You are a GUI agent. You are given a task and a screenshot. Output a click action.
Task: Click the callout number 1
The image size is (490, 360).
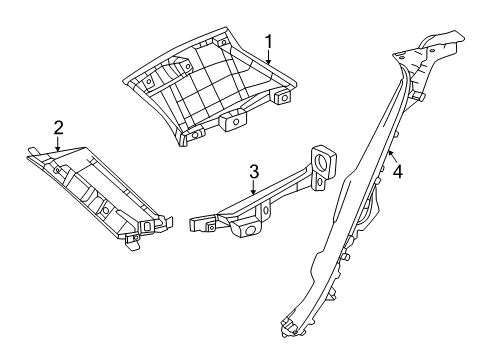(268, 40)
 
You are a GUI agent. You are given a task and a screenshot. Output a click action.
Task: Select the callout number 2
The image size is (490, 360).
(58, 127)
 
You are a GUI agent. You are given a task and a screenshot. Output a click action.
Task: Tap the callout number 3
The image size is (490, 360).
(254, 172)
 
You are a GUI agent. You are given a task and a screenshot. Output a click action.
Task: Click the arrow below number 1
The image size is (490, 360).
(268, 57)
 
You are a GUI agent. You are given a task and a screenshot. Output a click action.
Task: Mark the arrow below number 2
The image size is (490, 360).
(58, 144)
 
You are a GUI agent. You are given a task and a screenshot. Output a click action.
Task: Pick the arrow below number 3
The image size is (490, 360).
(254, 189)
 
